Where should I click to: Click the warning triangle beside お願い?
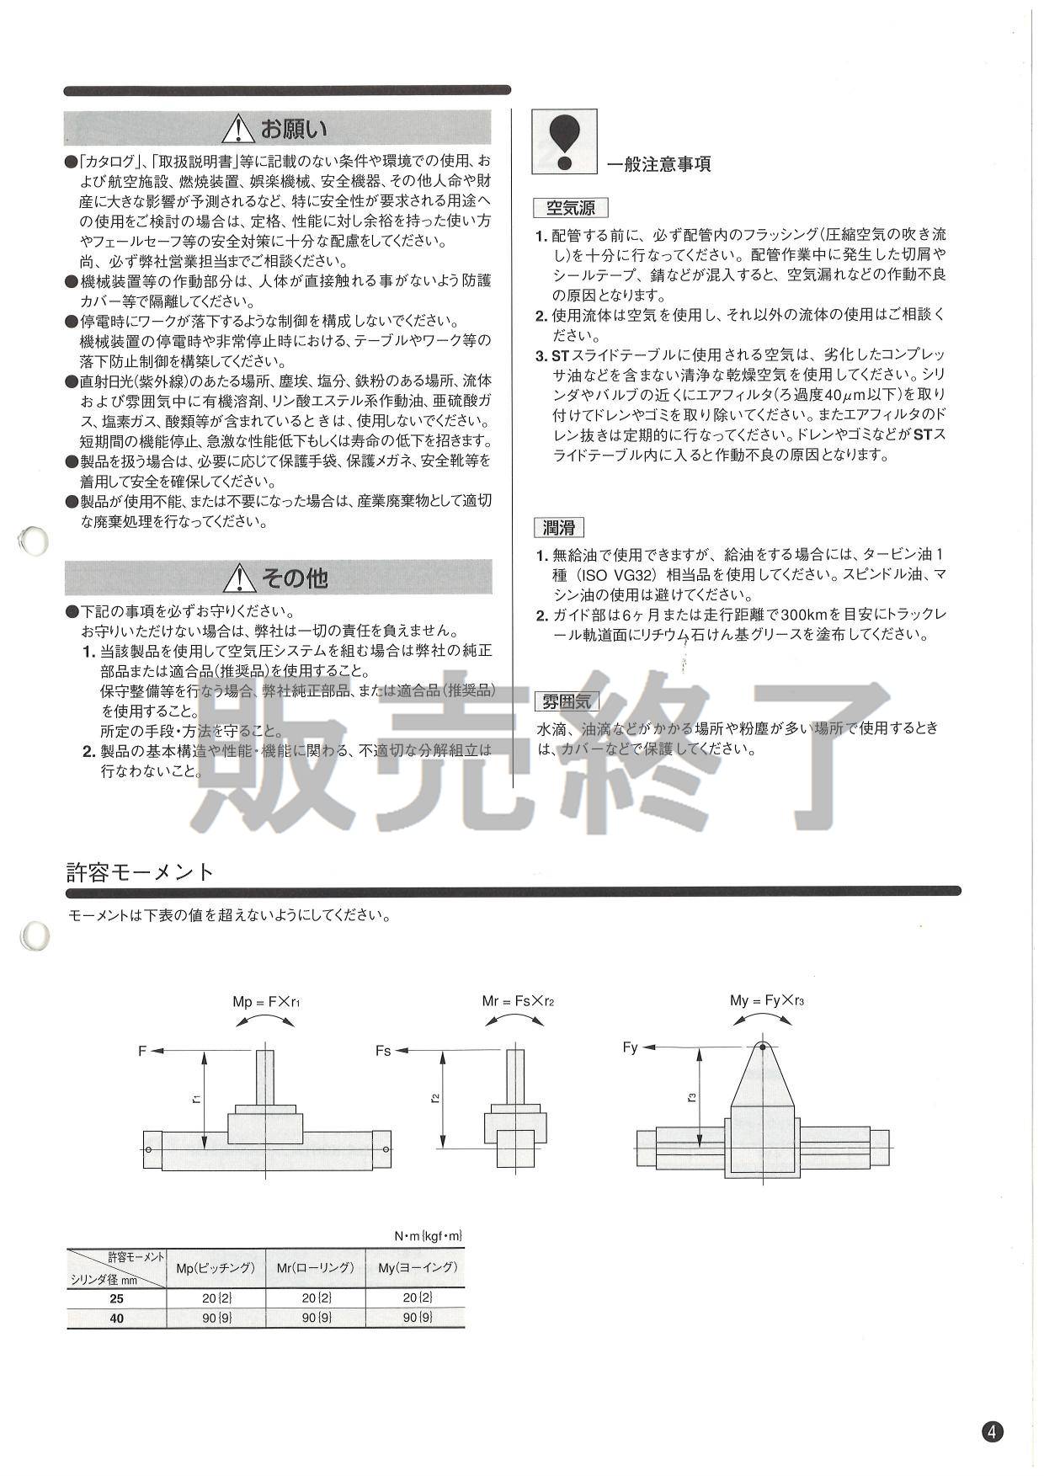239,129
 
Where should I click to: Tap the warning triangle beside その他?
239,578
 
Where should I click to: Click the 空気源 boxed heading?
570,208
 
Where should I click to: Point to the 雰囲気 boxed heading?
566,701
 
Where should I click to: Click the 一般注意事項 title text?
659,164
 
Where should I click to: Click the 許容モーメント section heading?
141,871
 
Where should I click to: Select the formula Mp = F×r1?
266,1002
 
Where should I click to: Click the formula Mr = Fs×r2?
518,1001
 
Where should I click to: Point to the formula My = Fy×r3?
768,1000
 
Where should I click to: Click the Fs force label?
384,1051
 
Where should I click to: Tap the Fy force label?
631,1047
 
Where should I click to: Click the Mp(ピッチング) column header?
216,1268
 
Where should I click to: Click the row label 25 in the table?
116,1299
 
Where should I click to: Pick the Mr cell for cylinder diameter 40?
317,1318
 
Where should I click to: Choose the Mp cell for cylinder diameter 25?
216,1299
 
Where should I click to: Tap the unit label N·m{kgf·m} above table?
429,1236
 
